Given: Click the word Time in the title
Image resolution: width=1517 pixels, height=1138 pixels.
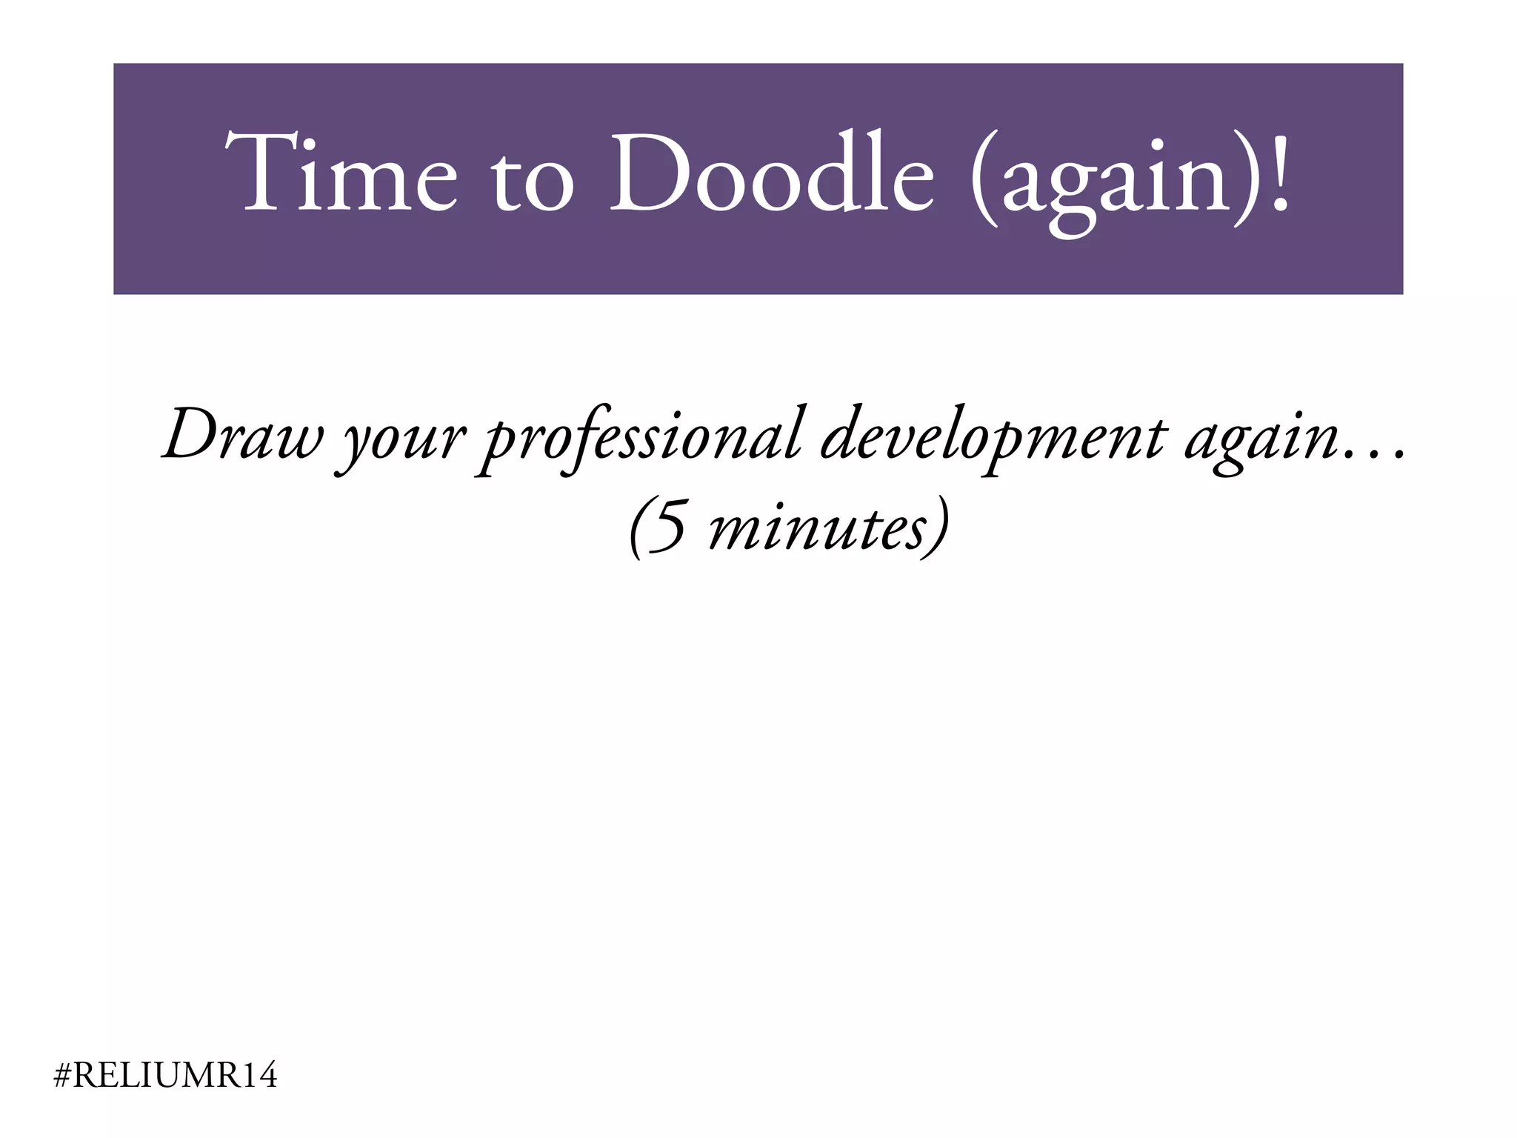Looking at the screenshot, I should pyautogui.click(x=341, y=173).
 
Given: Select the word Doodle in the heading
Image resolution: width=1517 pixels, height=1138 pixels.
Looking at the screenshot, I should pyautogui.click(x=771, y=173).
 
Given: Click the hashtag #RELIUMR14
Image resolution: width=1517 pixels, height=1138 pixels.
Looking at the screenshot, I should pyautogui.click(x=166, y=1076).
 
